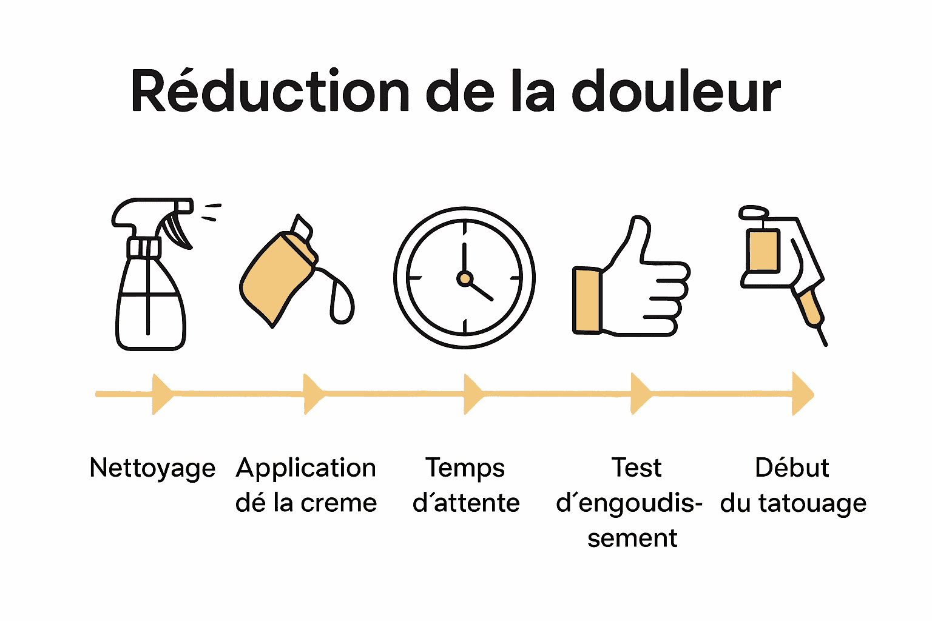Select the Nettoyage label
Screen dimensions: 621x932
152,468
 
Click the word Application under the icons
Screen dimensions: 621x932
306,468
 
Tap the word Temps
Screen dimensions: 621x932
465,468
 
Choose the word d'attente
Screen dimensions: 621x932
466,503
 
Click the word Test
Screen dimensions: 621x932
637,468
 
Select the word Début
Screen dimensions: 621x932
792,468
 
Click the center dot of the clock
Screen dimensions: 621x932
465,278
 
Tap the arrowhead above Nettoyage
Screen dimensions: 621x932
161,394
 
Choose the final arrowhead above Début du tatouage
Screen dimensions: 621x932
802,394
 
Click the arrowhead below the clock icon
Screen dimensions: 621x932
473,394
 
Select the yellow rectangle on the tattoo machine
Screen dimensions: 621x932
763,250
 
